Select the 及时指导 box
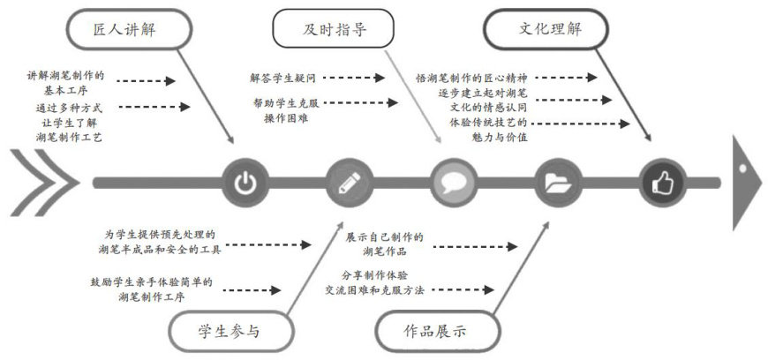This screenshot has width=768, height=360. click(x=333, y=30)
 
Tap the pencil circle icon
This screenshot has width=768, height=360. click(x=346, y=184)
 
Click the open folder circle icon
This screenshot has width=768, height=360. click(x=557, y=184)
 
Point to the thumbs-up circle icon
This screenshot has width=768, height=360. click(x=661, y=184)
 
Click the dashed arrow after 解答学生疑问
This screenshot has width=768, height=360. click(x=357, y=79)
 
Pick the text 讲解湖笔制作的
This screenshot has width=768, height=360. click(x=65, y=76)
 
